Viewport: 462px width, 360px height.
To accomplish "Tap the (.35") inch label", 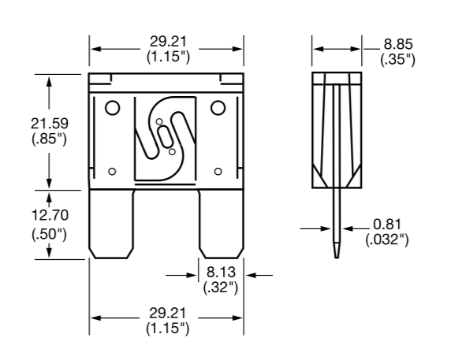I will pyautogui.click(x=396, y=59).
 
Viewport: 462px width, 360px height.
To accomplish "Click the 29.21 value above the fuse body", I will pyautogui.click(x=167, y=43).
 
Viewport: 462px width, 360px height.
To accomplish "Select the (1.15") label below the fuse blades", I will pyautogui.click(x=167, y=326).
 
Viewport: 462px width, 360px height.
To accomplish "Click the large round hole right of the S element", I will pyautogui.click(x=218, y=109).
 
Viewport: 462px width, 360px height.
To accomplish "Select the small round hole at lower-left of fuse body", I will pyautogui.click(x=112, y=171).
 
